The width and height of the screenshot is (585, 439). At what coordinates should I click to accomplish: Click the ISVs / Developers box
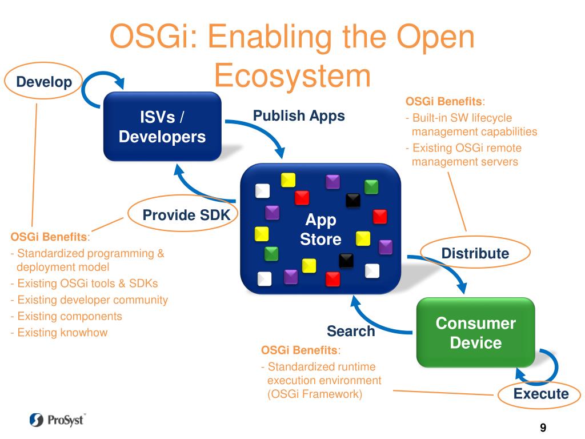162,127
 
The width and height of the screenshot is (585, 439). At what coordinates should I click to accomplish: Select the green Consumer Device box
475,333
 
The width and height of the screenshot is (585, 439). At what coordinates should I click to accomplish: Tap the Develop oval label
44,82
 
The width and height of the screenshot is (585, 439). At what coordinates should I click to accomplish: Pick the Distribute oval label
475,253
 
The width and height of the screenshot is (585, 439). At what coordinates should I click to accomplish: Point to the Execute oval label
540,393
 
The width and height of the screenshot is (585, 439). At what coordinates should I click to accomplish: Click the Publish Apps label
299,116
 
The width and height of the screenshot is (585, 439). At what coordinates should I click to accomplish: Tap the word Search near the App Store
350,331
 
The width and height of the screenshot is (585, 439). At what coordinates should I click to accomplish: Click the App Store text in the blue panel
320,229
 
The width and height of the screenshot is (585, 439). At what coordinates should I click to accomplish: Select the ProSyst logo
57,420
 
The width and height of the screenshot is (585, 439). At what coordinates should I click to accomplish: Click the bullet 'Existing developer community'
92,300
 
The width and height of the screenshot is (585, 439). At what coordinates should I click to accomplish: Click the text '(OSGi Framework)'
314,394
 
